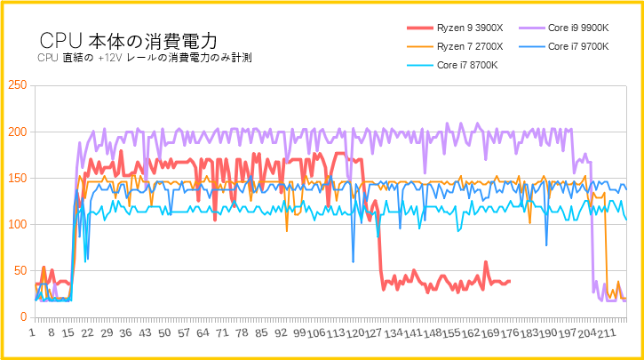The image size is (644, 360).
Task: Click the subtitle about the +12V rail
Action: pos(146,59)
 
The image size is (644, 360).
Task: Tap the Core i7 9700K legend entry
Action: pos(578,46)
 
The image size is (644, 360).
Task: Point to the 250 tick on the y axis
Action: pos(16,86)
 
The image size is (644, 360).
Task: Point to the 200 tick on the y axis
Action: pos(16,132)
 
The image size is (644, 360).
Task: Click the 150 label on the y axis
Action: pos(16,179)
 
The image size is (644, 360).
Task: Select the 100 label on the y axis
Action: pos(16,225)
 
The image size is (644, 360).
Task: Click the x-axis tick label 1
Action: pos(33,332)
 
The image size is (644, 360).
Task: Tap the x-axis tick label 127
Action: pos(375,332)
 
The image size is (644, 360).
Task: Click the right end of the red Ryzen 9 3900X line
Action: pos(509,281)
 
